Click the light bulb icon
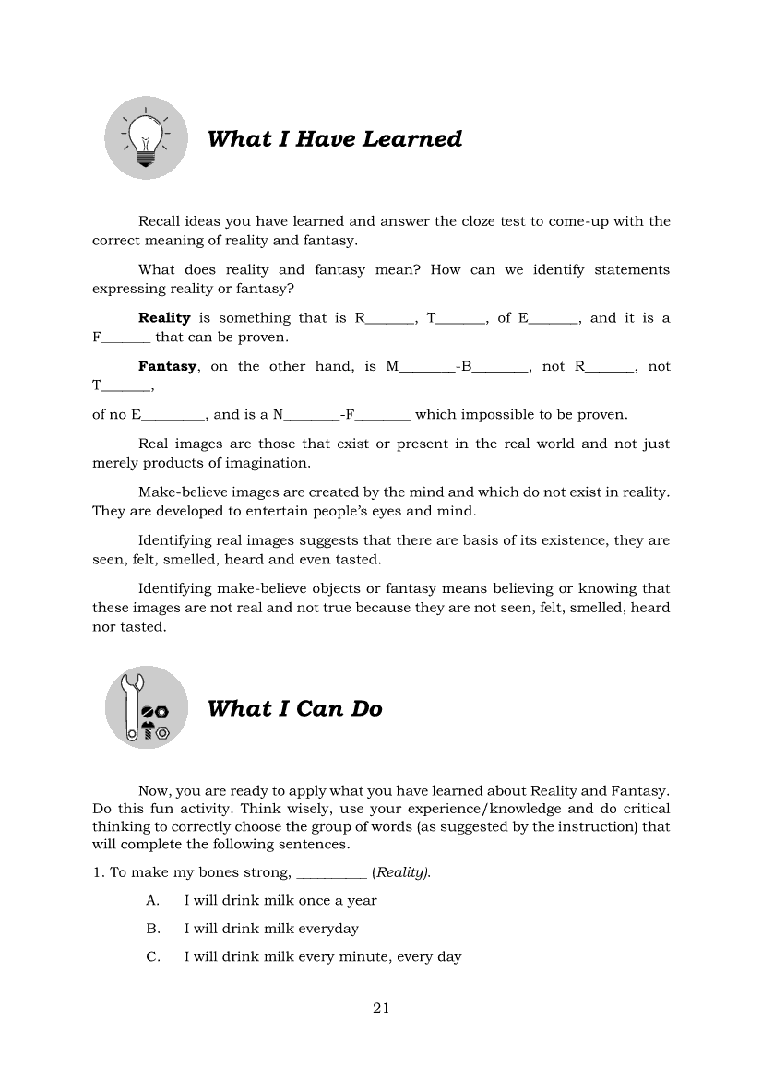click(x=146, y=139)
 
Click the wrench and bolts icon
click(x=146, y=708)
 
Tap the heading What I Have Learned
click(x=334, y=139)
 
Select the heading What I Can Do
click(x=294, y=709)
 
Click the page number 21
click(x=381, y=1008)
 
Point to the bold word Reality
click(x=164, y=318)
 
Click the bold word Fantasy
click(x=167, y=366)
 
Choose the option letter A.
click(x=153, y=900)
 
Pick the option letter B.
click(x=153, y=929)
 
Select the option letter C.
click(x=153, y=957)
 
